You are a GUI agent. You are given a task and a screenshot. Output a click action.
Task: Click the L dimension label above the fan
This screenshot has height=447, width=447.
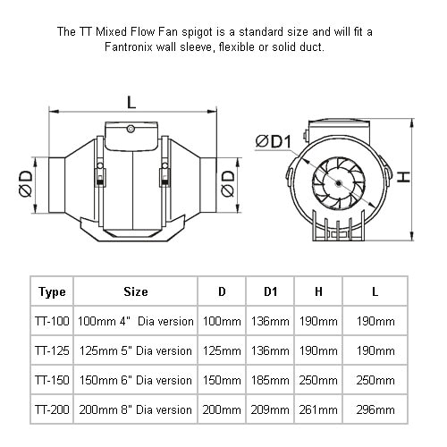coord(131,102)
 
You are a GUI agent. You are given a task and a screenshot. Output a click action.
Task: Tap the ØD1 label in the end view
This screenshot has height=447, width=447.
coord(274,141)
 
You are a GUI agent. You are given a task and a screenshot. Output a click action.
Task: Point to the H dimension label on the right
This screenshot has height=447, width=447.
coord(404,177)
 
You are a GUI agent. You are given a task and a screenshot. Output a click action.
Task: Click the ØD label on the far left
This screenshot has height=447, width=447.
coord(26,183)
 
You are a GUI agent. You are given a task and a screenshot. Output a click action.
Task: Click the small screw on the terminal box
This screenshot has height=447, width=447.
coord(131,129)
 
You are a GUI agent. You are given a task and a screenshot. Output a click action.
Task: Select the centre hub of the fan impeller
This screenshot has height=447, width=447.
coord(338,183)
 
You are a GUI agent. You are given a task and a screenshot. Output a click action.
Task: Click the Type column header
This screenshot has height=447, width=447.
coord(52,291)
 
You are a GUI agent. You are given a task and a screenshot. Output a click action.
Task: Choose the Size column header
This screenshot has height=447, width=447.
coord(136,291)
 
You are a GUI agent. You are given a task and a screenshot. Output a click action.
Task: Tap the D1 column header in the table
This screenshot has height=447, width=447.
coord(270,291)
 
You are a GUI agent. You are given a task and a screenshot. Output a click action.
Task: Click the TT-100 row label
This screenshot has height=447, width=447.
coord(52,321)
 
